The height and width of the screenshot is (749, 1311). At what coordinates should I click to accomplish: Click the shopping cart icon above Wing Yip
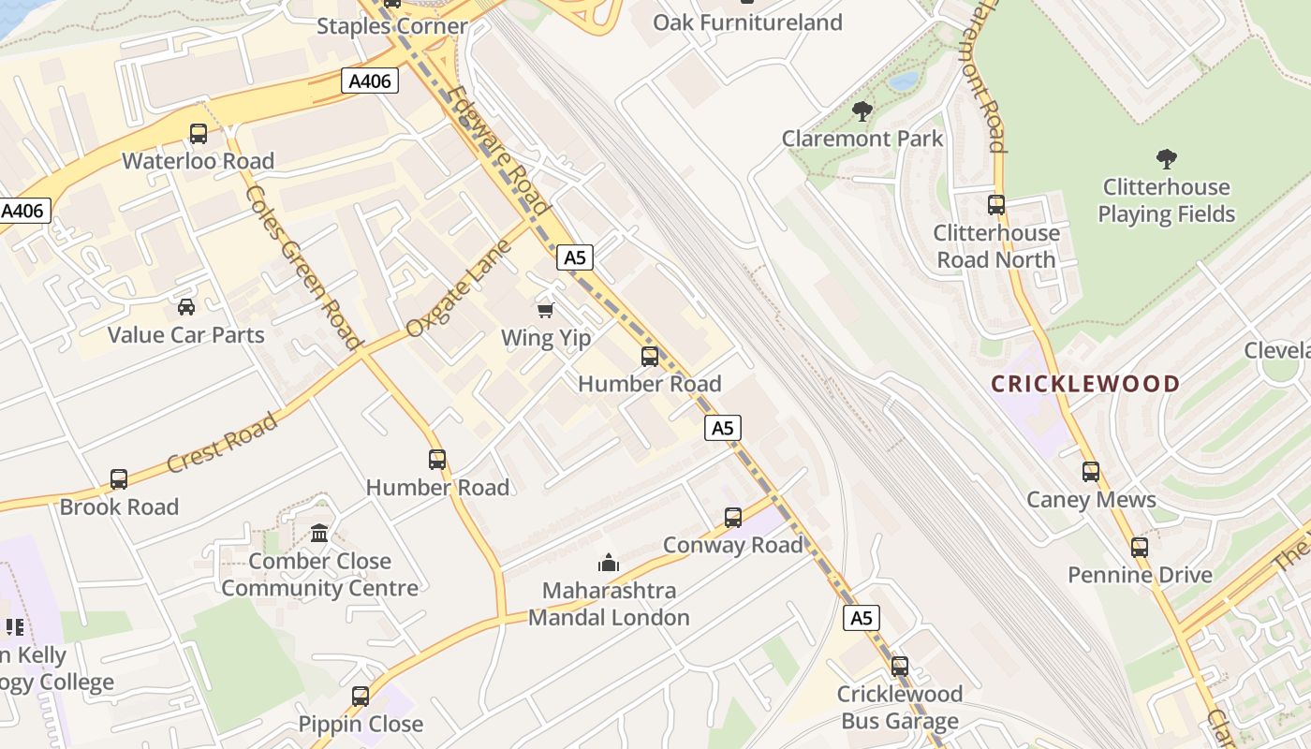[545, 309]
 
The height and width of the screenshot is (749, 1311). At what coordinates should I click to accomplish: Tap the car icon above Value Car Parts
[186, 306]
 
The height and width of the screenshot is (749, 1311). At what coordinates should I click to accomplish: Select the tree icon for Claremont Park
[862, 111]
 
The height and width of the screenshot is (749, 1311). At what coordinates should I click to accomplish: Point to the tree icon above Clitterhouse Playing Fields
[1166, 158]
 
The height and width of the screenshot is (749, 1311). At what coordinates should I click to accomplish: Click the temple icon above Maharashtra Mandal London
[609, 563]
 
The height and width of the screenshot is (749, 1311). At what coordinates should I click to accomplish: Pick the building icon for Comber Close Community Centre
[319, 533]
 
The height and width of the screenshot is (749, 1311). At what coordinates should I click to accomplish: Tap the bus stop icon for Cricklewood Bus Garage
[900, 666]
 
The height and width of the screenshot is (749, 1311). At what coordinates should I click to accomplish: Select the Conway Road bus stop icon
[733, 517]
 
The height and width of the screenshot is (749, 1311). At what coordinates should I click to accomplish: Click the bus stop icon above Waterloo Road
[199, 133]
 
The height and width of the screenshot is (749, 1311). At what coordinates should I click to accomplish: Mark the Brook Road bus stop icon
[119, 478]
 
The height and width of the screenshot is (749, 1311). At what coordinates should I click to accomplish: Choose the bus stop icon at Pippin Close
[361, 696]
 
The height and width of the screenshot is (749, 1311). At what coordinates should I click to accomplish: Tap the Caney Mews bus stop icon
[1091, 471]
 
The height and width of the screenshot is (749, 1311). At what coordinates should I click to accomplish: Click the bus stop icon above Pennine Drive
[1140, 547]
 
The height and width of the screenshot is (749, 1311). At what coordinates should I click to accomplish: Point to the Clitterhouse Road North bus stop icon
[996, 204]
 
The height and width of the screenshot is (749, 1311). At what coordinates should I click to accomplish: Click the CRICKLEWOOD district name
[1085, 384]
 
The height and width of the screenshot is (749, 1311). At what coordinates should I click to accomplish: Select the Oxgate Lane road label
[459, 288]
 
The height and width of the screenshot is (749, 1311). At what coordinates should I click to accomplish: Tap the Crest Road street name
[222, 442]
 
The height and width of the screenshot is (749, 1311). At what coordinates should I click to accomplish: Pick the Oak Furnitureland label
[747, 22]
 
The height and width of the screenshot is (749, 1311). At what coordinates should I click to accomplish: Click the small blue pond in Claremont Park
[904, 81]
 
